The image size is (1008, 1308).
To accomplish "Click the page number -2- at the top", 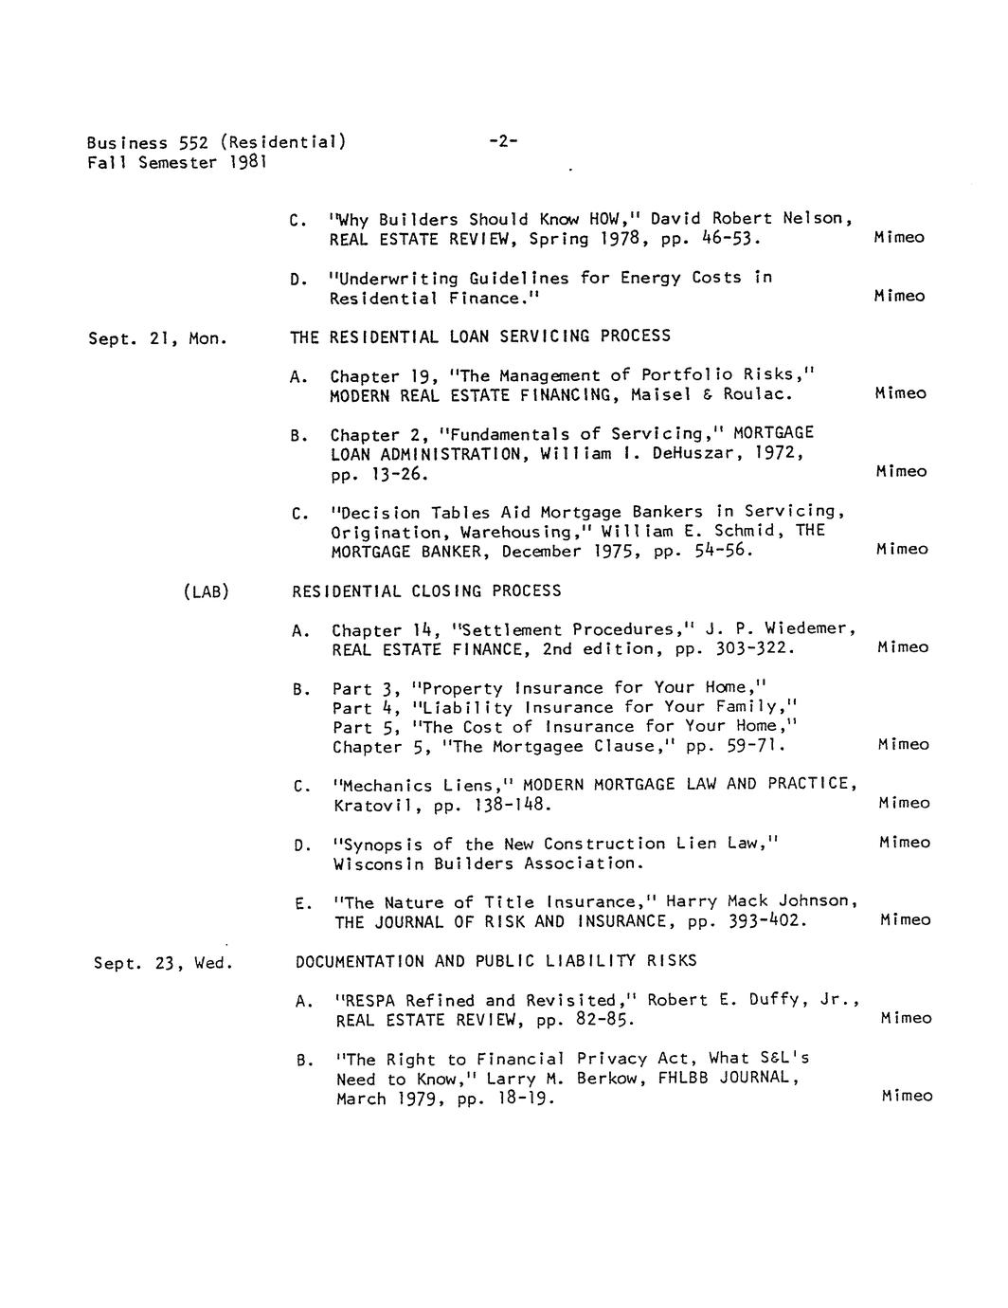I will click(502, 142).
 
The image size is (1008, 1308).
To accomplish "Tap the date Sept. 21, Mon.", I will click(157, 338).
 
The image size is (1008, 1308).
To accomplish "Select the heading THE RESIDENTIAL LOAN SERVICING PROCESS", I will click(480, 336).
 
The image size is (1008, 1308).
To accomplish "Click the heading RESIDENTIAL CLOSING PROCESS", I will click(426, 591).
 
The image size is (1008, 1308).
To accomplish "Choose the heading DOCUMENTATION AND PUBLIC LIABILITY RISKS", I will click(495, 961).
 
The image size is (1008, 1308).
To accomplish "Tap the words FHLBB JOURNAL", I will click(728, 1078).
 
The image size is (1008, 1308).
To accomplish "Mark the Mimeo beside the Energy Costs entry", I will click(899, 297).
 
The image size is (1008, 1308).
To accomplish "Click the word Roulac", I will click(757, 394).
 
